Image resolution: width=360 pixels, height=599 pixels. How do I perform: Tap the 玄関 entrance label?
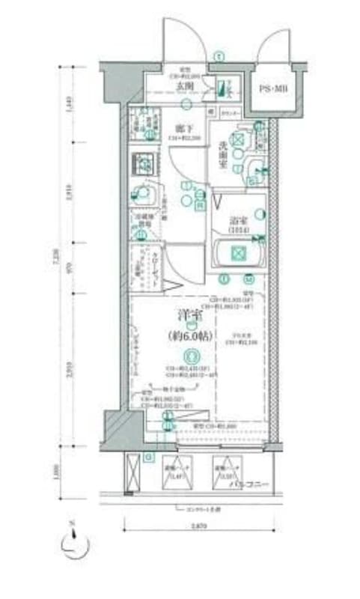coord(185,85)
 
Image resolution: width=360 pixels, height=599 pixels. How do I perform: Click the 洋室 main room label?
coord(192,317)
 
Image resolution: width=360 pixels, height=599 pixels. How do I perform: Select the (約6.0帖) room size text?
coord(192,335)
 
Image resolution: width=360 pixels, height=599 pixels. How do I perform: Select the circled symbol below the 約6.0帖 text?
coord(192,356)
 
